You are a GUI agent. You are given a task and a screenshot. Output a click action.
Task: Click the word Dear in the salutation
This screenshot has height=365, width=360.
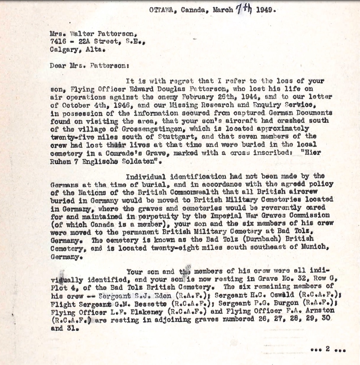point(57,65)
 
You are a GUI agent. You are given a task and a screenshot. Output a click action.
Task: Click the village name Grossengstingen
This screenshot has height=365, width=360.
point(121,129)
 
